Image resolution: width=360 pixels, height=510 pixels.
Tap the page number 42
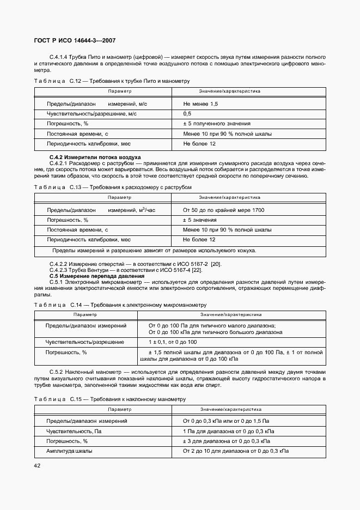pyautogui.click(x=38, y=465)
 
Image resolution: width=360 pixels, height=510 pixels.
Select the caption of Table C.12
pyautogui.click(x=112, y=81)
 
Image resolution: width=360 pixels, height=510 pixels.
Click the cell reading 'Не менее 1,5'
pyautogui.click(x=200, y=104)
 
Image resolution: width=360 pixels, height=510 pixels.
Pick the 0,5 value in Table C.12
pyautogui.click(x=187, y=113)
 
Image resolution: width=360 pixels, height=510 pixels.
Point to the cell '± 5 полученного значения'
pyautogui.click(x=217, y=124)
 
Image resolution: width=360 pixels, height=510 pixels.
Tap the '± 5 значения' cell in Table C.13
pyautogui.click(x=200, y=220)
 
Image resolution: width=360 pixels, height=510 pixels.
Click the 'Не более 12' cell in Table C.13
pyautogui.click(x=199, y=239)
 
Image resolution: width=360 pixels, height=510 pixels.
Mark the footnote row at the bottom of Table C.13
pyautogui.click(x=154, y=251)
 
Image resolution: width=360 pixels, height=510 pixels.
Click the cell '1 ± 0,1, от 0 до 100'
pyautogui.click(x=173, y=342)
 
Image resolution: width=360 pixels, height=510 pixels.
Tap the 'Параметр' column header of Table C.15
pyautogui.click(x=119, y=409)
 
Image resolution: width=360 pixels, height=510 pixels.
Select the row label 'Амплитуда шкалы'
pyautogui.click(x=69, y=451)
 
